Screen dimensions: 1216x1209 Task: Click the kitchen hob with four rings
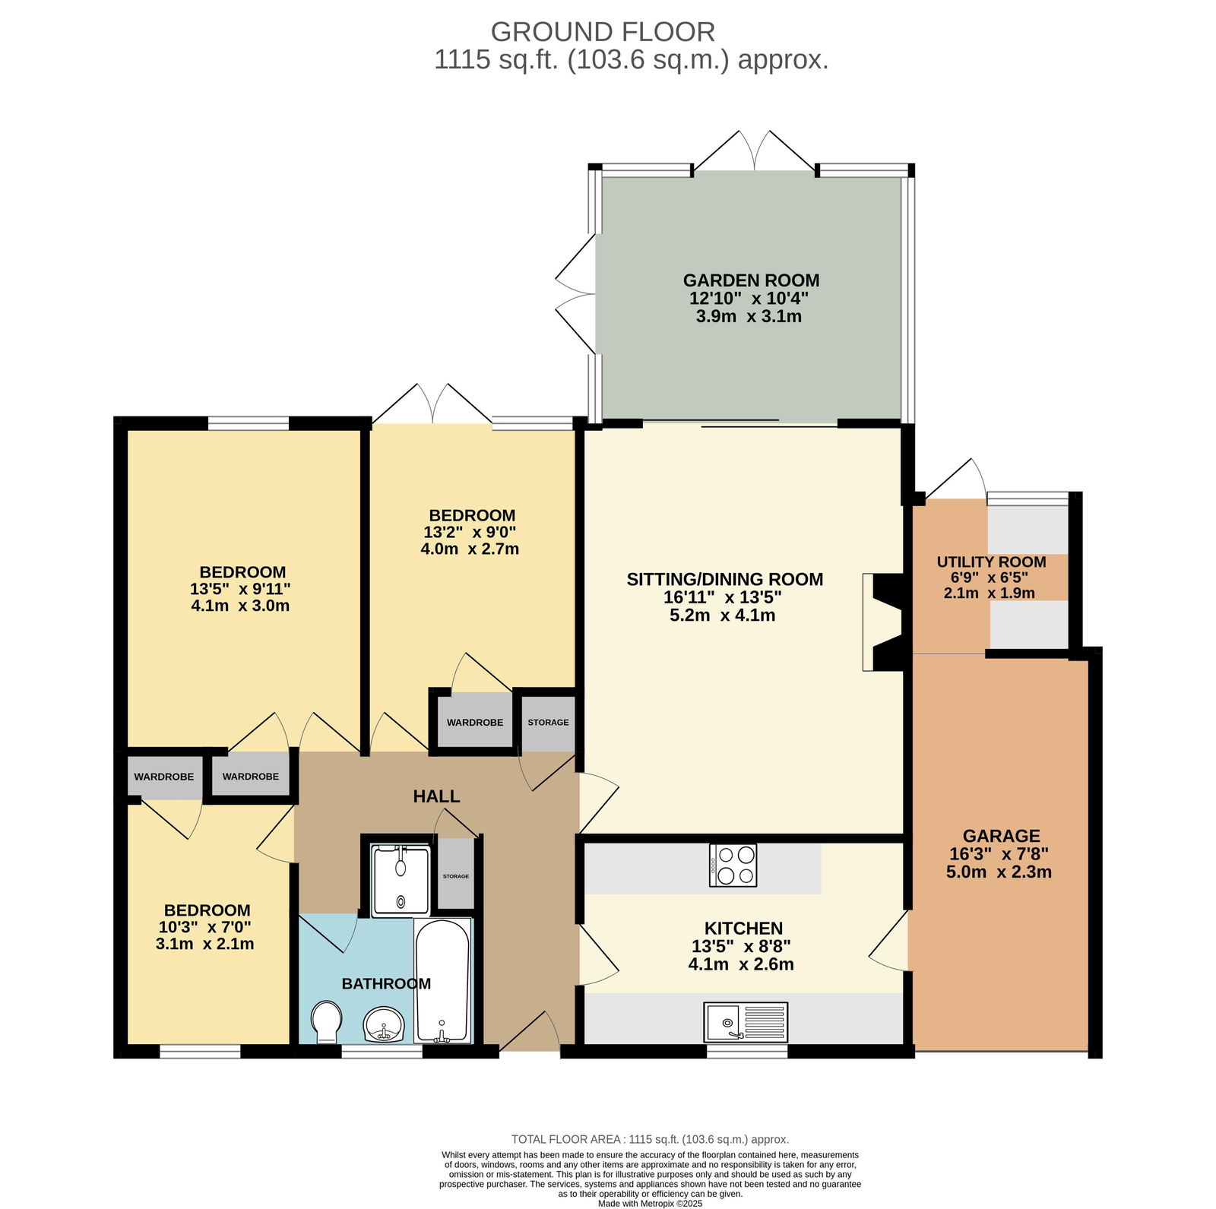pyautogui.click(x=733, y=866)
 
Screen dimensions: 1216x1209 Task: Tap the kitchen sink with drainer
pyautogui.click(x=746, y=1022)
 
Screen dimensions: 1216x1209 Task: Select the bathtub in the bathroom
pyautogui.click(x=442, y=980)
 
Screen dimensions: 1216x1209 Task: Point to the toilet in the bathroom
pyautogui.click(x=326, y=1022)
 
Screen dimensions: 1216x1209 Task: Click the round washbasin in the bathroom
pyautogui.click(x=385, y=1025)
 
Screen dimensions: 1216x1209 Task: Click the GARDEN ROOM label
pyautogui.click(x=751, y=280)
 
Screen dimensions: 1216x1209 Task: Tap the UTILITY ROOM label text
pyautogui.click(x=991, y=562)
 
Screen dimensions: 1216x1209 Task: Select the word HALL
pyautogui.click(x=436, y=796)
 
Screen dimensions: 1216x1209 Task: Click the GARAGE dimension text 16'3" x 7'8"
pyautogui.click(x=999, y=854)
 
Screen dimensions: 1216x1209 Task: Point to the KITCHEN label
pyautogui.click(x=743, y=929)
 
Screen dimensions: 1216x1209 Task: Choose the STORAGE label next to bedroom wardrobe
pyautogui.click(x=548, y=723)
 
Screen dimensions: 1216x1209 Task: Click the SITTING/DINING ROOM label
pyautogui.click(x=724, y=580)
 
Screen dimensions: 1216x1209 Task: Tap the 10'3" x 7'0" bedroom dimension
pyautogui.click(x=204, y=927)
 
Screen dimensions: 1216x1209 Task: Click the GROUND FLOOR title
pyautogui.click(x=603, y=32)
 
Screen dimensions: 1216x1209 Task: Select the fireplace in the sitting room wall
pyautogui.click(x=882, y=622)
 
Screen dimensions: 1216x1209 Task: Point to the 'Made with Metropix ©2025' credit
pyautogui.click(x=650, y=1204)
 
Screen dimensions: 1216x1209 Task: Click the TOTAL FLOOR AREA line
pyautogui.click(x=650, y=1139)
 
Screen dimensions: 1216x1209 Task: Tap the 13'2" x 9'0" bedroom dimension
pyautogui.click(x=470, y=532)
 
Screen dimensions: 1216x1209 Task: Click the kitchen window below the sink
pyautogui.click(x=746, y=1052)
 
